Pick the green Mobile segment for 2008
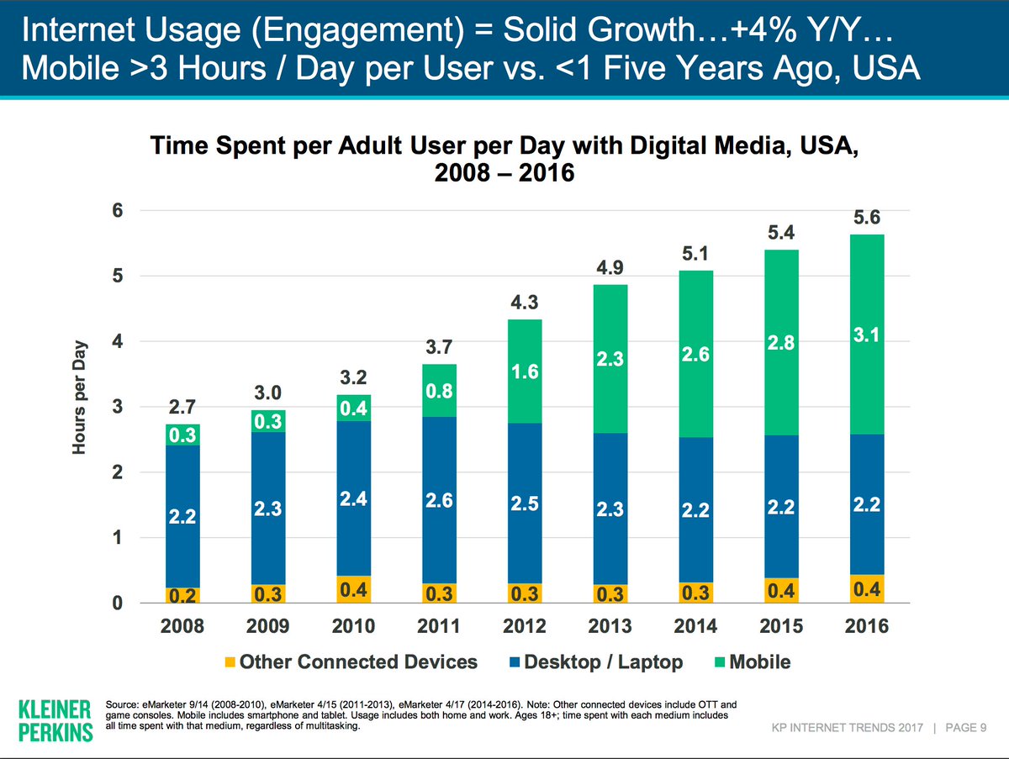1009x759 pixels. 183,435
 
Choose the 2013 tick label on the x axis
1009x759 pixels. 610,626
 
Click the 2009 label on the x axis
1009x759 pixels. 268,626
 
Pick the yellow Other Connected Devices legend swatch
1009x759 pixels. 230,662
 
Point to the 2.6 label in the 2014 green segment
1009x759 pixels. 695,356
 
